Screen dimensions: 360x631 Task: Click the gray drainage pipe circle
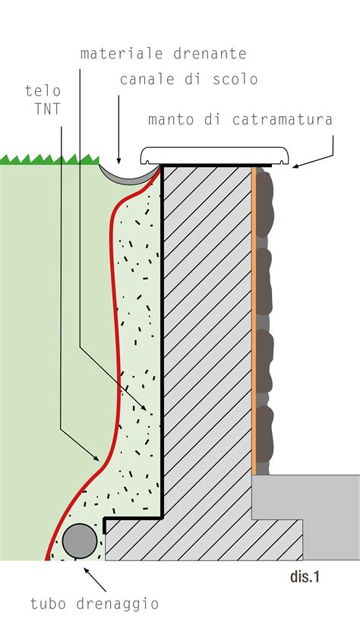pyautogui.click(x=80, y=541)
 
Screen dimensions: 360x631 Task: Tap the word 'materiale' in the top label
pyautogui.click(x=122, y=53)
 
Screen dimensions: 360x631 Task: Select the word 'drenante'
pyautogui.click(x=210, y=53)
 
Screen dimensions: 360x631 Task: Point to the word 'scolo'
pyautogui.click(x=235, y=79)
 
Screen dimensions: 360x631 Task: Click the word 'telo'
pyautogui.click(x=43, y=90)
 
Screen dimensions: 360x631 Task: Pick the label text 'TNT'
pyautogui.click(x=47, y=109)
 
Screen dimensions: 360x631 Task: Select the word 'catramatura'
pyautogui.click(x=283, y=119)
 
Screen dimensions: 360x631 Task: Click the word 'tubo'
pyautogui.click(x=49, y=603)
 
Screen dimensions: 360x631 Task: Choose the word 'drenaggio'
pyautogui.click(x=118, y=604)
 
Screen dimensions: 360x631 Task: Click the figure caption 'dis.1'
pyautogui.click(x=305, y=577)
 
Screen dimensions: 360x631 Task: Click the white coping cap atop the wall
pyautogui.click(x=215, y=156)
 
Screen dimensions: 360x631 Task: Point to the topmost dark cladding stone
pyautogui.click(x=264, y=204)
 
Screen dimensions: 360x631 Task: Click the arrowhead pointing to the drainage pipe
pyautogui.click(x=87, y=570)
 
